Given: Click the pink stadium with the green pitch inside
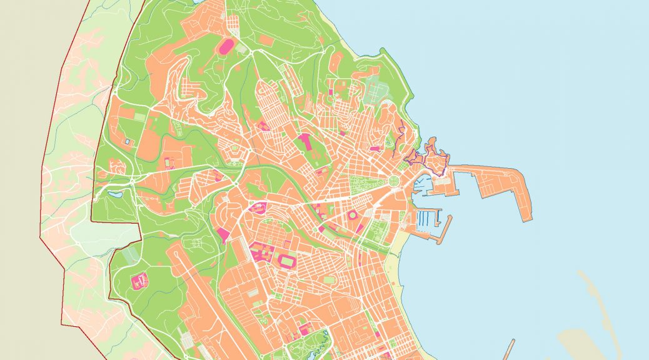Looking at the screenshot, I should (x=289, y=260).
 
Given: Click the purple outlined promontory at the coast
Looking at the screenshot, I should (x=431, y=156).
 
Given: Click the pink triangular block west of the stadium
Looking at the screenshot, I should (x=223, y=235).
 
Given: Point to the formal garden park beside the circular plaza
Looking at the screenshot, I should (x=363, y=185).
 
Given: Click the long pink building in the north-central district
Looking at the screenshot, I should (x=306, y=142).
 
